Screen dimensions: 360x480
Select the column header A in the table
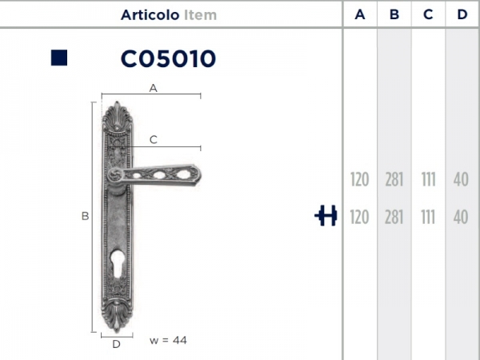tap(360, 14)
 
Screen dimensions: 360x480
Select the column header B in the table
tap(394, 14)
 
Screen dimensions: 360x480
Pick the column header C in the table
tap(428, 14)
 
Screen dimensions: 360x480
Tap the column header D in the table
tap(461, 14)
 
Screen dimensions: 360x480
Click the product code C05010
tap(168, 58)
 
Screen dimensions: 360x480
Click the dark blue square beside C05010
tap(58, 58)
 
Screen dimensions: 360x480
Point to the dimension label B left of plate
tap(85, 216)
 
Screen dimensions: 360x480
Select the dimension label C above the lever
tap(153, 139)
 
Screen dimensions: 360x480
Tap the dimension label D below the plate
tap(116, 344)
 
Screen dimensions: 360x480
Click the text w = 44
tap(168, 340)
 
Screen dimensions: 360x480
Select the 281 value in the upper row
tap(394, 179)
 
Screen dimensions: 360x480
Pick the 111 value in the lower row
tap(428, 217)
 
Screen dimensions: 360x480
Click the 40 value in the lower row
tap(461, 217)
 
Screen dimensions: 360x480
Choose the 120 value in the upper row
tap(360, 179)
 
